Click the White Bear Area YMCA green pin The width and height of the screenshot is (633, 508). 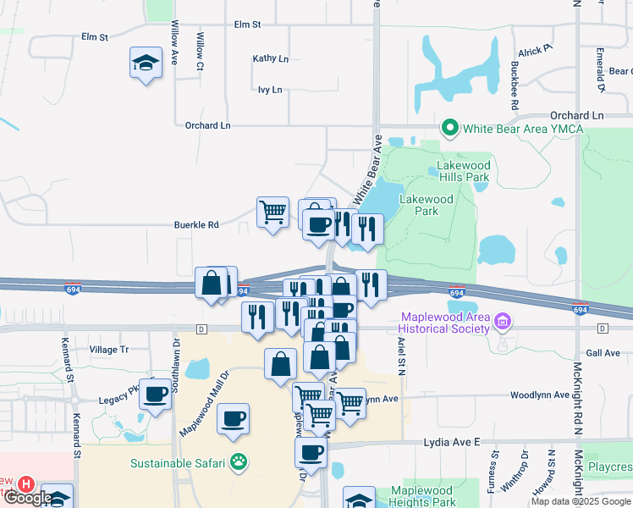(449, 129)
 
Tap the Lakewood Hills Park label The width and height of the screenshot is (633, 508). (463, 172)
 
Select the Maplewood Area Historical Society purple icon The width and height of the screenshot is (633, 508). (504, 322)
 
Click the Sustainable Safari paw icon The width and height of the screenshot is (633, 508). (240, 462)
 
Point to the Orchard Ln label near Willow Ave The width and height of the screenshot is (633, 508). (207, 125)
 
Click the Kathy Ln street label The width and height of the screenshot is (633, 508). (270, 59)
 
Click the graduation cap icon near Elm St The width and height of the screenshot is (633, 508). (146, 63)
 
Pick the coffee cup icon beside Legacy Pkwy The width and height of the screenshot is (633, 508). (156, 395)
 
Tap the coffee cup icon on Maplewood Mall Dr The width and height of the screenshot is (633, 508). (233, 418)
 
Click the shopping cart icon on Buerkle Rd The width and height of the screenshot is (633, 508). (272, 212)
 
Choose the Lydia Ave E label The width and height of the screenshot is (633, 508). (452, 442)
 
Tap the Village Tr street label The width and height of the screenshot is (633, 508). (108, 349)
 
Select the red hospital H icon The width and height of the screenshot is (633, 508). (26, 485)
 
